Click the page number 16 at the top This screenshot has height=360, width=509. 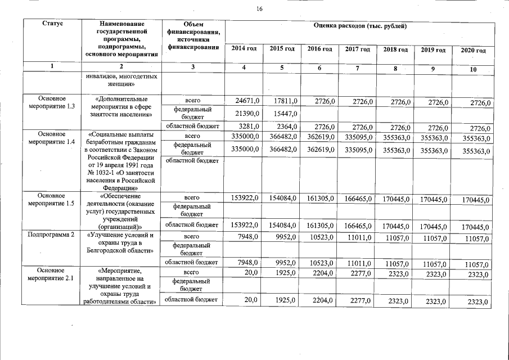260,8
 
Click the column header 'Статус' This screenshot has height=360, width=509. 52,24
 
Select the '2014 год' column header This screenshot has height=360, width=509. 244,49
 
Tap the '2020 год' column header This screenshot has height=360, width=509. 472,51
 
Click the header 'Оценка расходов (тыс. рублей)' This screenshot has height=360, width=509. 360,26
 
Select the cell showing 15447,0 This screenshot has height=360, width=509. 283,113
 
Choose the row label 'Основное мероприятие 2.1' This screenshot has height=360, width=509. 52,274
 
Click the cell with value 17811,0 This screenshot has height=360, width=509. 283,101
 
